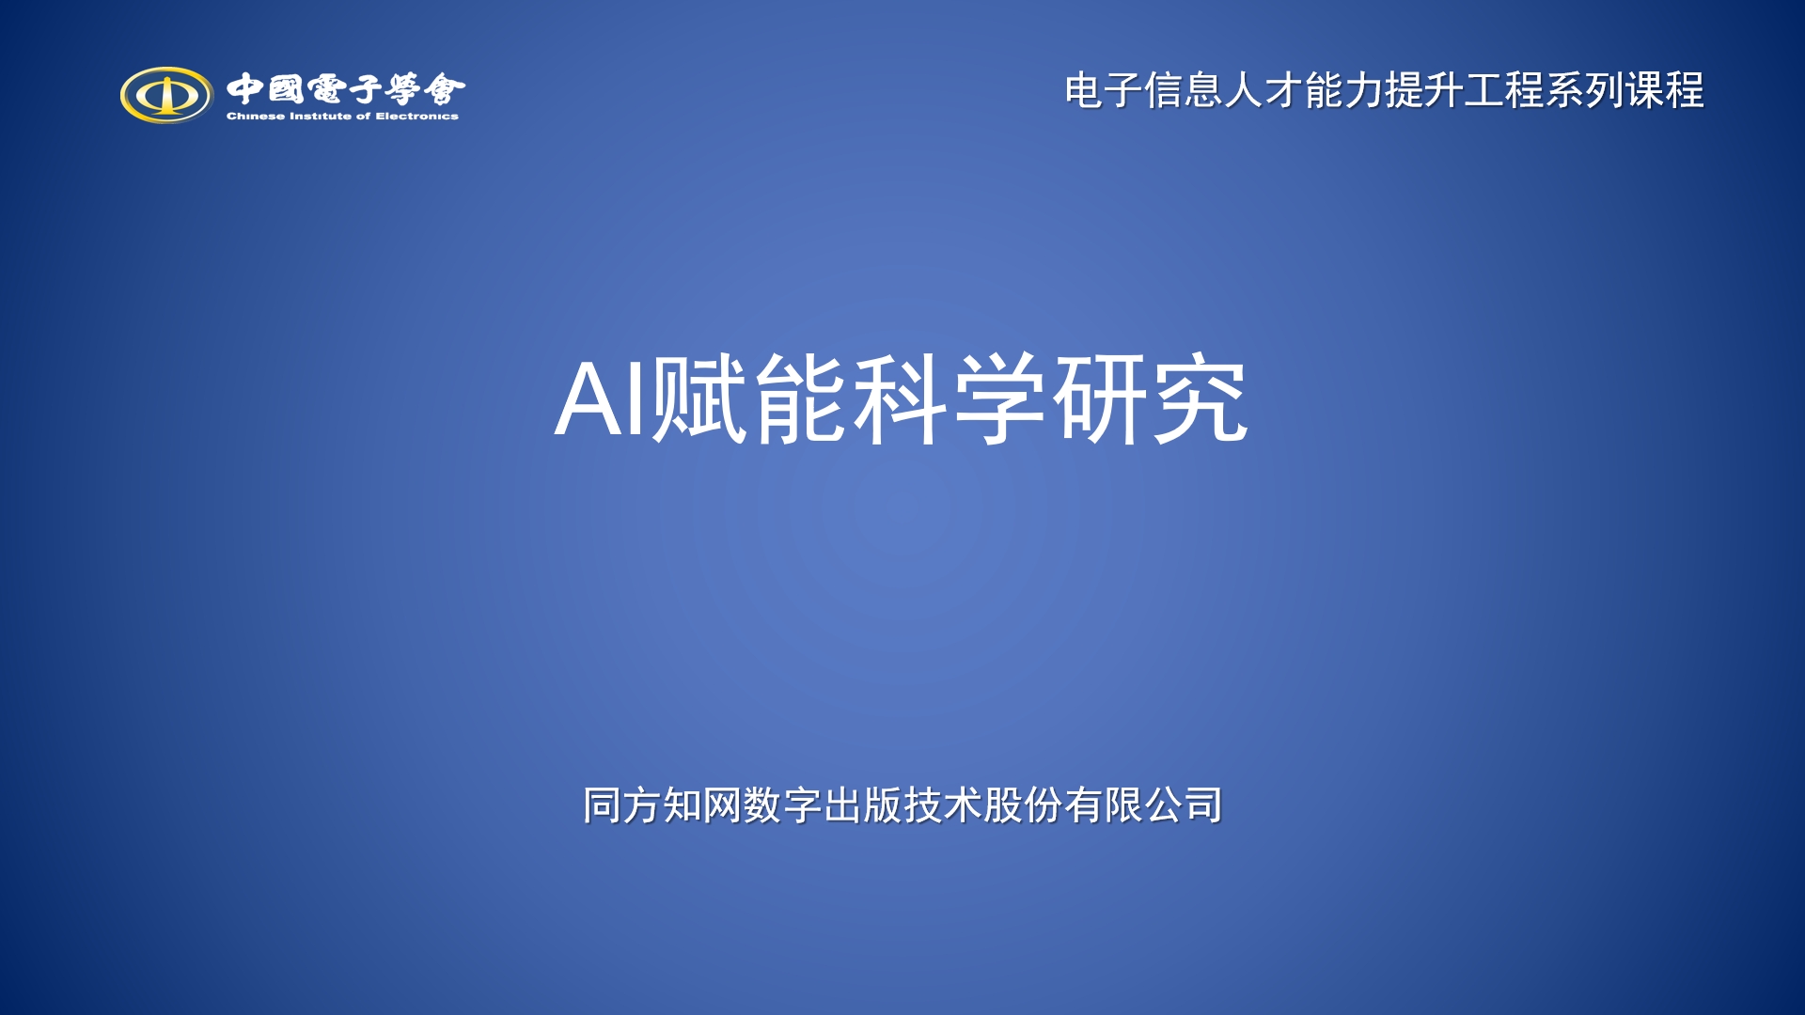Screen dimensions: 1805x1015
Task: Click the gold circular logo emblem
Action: [x=166, y=94]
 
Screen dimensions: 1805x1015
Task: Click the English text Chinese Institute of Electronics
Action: [x=342, y=117]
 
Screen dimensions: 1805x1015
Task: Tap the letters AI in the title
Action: [x=601, y=398]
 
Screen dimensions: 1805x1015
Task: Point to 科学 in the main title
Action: [x=950, y=398]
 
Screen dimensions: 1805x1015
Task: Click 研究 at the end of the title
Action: [x=1150, y=398]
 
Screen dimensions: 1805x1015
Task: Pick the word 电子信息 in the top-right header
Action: [x=1144, y=91]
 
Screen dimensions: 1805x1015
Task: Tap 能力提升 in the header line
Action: [x=1384, y=91]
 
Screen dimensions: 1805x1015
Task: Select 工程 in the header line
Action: [x=1504, y=91]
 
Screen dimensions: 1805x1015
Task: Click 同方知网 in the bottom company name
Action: [x=662, y=805]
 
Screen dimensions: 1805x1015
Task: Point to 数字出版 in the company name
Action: [x=823, y=805]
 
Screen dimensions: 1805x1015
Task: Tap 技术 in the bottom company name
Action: [x=943, y=805]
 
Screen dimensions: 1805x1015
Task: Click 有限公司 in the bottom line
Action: [x=1143, y=805]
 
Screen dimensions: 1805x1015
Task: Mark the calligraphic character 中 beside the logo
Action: [x=244, y=89]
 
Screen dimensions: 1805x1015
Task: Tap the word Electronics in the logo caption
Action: [x=417, y=117]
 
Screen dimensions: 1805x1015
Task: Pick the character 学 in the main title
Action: [x=999, y=398]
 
